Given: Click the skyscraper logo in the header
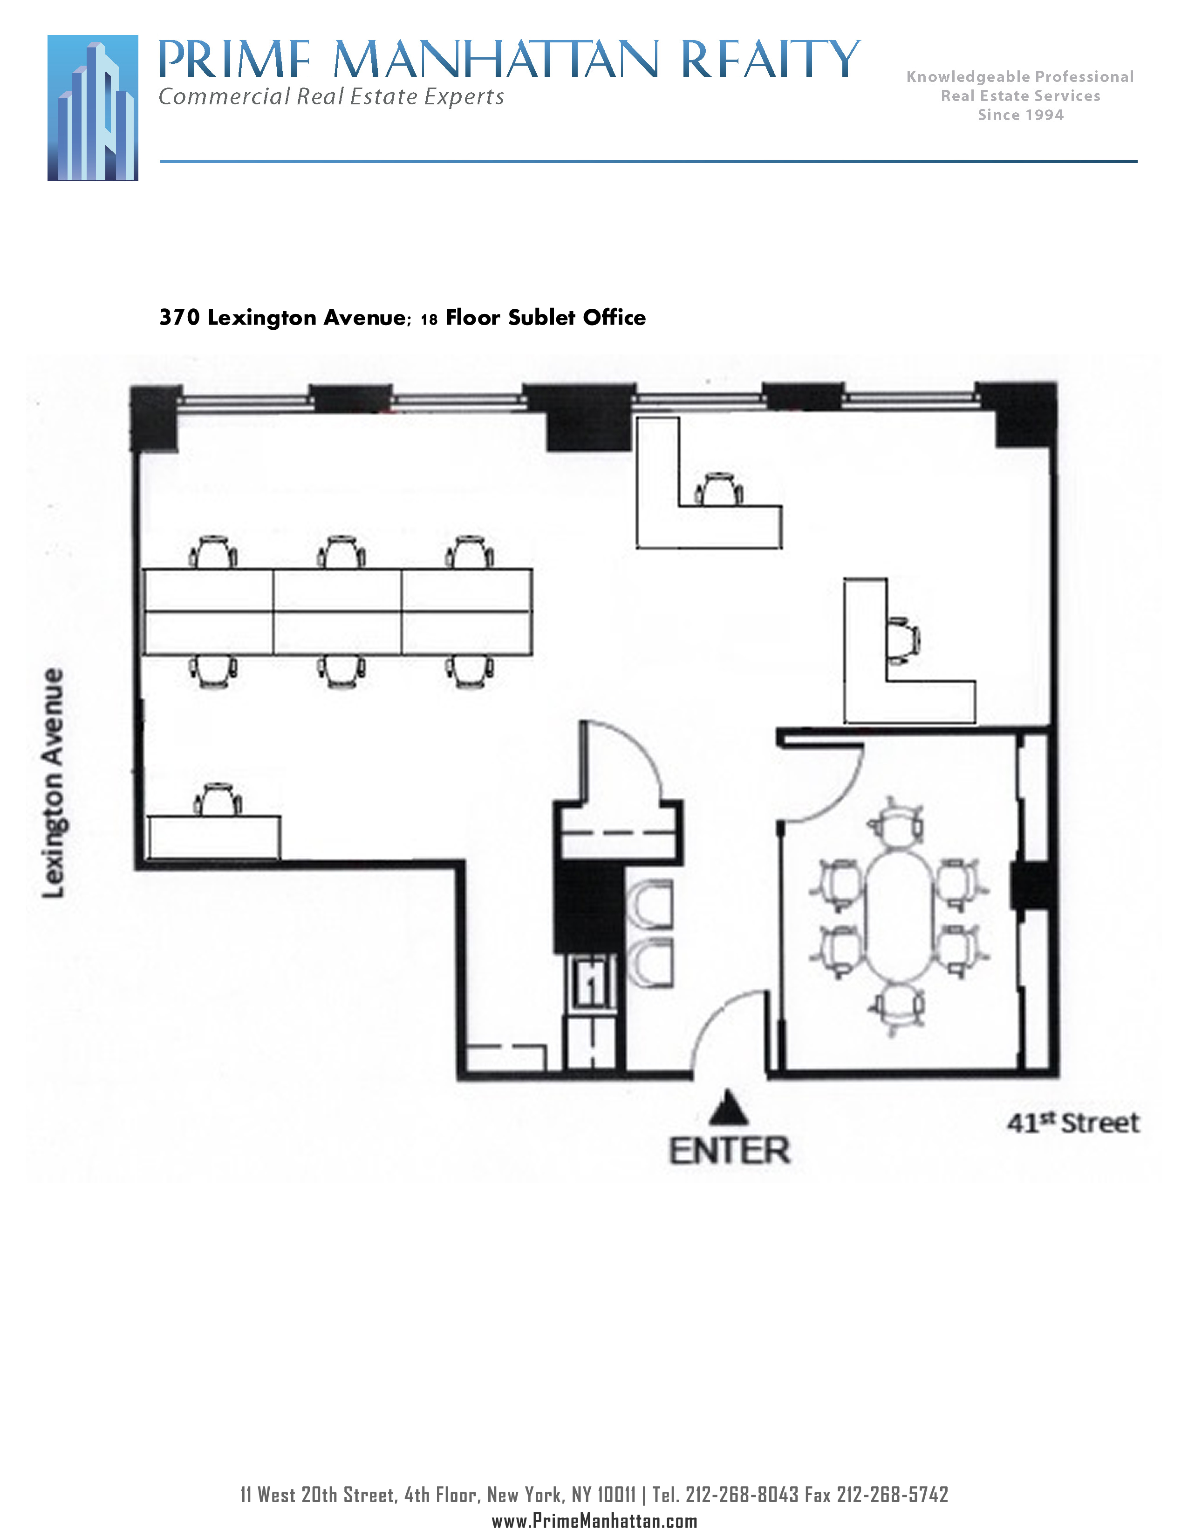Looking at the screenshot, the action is [x=93, y=108].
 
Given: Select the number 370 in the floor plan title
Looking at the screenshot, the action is [x=179, y=317].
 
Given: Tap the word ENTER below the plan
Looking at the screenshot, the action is [x=729, y=1151].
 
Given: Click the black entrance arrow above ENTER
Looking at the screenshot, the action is [x=729, y=1107].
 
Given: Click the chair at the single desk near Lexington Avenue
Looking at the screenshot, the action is [x=218, y=799].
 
